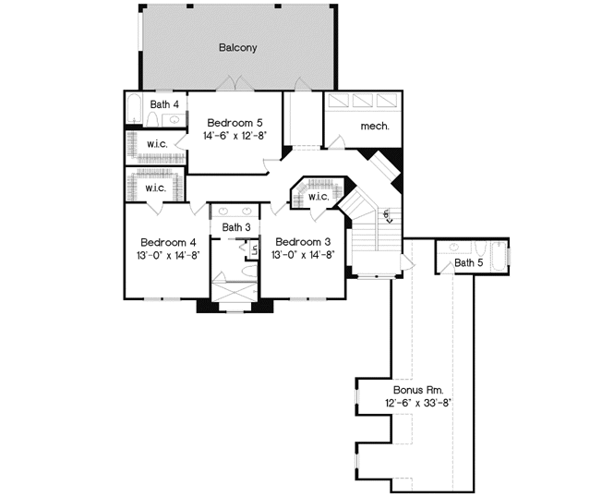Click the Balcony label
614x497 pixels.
tap(237, 47)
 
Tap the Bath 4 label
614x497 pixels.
tap(164, 104)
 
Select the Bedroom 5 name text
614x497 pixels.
tap(235, 122)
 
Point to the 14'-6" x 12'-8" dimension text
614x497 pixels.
tap(235, 136)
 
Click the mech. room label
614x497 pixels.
tap(374, 125)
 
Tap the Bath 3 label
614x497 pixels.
tap(236, 227)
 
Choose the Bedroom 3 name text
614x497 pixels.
tap(303, 243)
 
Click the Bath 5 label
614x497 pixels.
tap(468, 263)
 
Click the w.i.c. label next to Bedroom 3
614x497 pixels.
tap(319, 197)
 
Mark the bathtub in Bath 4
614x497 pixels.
tap(134, 110)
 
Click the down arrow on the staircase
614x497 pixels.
tap(389, 219)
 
